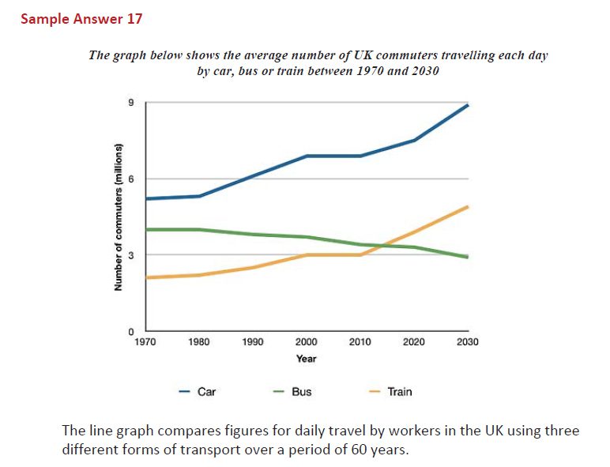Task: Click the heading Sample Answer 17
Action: (81, 18)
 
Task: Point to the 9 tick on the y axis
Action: (132, 103)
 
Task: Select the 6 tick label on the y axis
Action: (132, 179)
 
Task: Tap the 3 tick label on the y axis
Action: (132, 255)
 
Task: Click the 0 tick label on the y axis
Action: (132, 331)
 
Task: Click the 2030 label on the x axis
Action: (467, 342)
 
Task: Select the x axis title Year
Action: (307, 359)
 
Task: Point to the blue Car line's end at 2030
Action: (468, 105)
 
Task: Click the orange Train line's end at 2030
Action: (468, 206)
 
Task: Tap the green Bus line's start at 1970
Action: (149, 229)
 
